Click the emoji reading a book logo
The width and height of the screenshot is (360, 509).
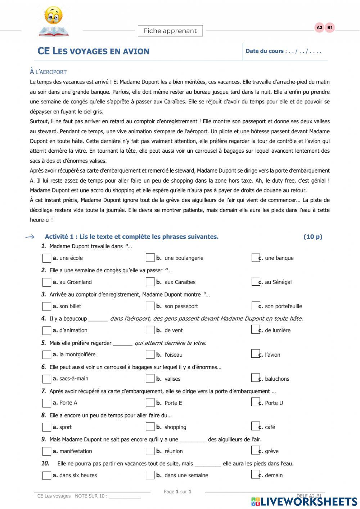click(54, 21)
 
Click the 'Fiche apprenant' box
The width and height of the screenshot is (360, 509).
click(170, 31)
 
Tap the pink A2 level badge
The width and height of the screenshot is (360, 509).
click(319, 28)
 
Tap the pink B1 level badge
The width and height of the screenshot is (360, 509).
click(330, 28)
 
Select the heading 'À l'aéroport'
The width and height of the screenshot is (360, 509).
click(48, 72)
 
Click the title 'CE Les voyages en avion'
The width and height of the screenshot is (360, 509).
click(93, 51)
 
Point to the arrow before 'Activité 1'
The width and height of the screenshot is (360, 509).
click(30, 237)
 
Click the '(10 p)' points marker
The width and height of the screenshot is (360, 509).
click(312, 237)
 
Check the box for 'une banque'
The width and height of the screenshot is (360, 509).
click(255, 258)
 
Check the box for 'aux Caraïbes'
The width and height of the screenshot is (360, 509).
click(150, 282)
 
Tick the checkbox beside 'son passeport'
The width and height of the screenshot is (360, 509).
click(150, 306)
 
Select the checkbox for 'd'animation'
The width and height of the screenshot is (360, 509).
click(46, 330)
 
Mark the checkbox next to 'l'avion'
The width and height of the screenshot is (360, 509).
click(255, 354)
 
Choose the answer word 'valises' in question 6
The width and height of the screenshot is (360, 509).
click(172, 379)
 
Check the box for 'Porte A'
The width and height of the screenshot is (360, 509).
click(46, 403)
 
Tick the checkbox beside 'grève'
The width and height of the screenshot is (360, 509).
click(255, 451)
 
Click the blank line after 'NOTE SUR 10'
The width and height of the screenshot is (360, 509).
click(125, 496)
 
